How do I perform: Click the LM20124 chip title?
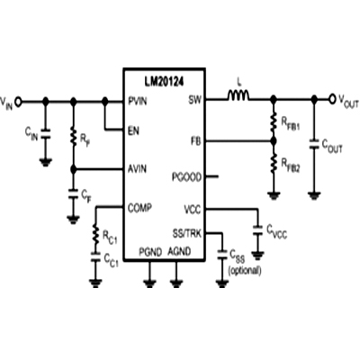(164, 81)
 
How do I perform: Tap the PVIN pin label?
(138, 101)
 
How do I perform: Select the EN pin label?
(133, 130)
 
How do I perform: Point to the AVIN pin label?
(137, 169)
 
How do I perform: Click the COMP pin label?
(139, 208)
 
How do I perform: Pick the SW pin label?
(195, 100)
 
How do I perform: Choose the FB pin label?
(196, 140)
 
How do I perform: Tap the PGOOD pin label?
(186, 177)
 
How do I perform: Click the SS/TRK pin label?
(187, 233)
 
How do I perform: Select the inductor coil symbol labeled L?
(238, 94)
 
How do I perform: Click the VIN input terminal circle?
(18, 102)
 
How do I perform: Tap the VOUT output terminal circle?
(332, 99)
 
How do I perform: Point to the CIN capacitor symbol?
(45, 134)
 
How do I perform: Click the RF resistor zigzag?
(73, 136)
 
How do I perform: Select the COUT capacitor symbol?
(314, 143)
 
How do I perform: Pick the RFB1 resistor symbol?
(274, 121)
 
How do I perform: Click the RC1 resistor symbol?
(95, 234)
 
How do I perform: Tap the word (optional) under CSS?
(245, 271)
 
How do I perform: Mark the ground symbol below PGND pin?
(149, 283)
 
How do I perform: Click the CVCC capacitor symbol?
(257, 230)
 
